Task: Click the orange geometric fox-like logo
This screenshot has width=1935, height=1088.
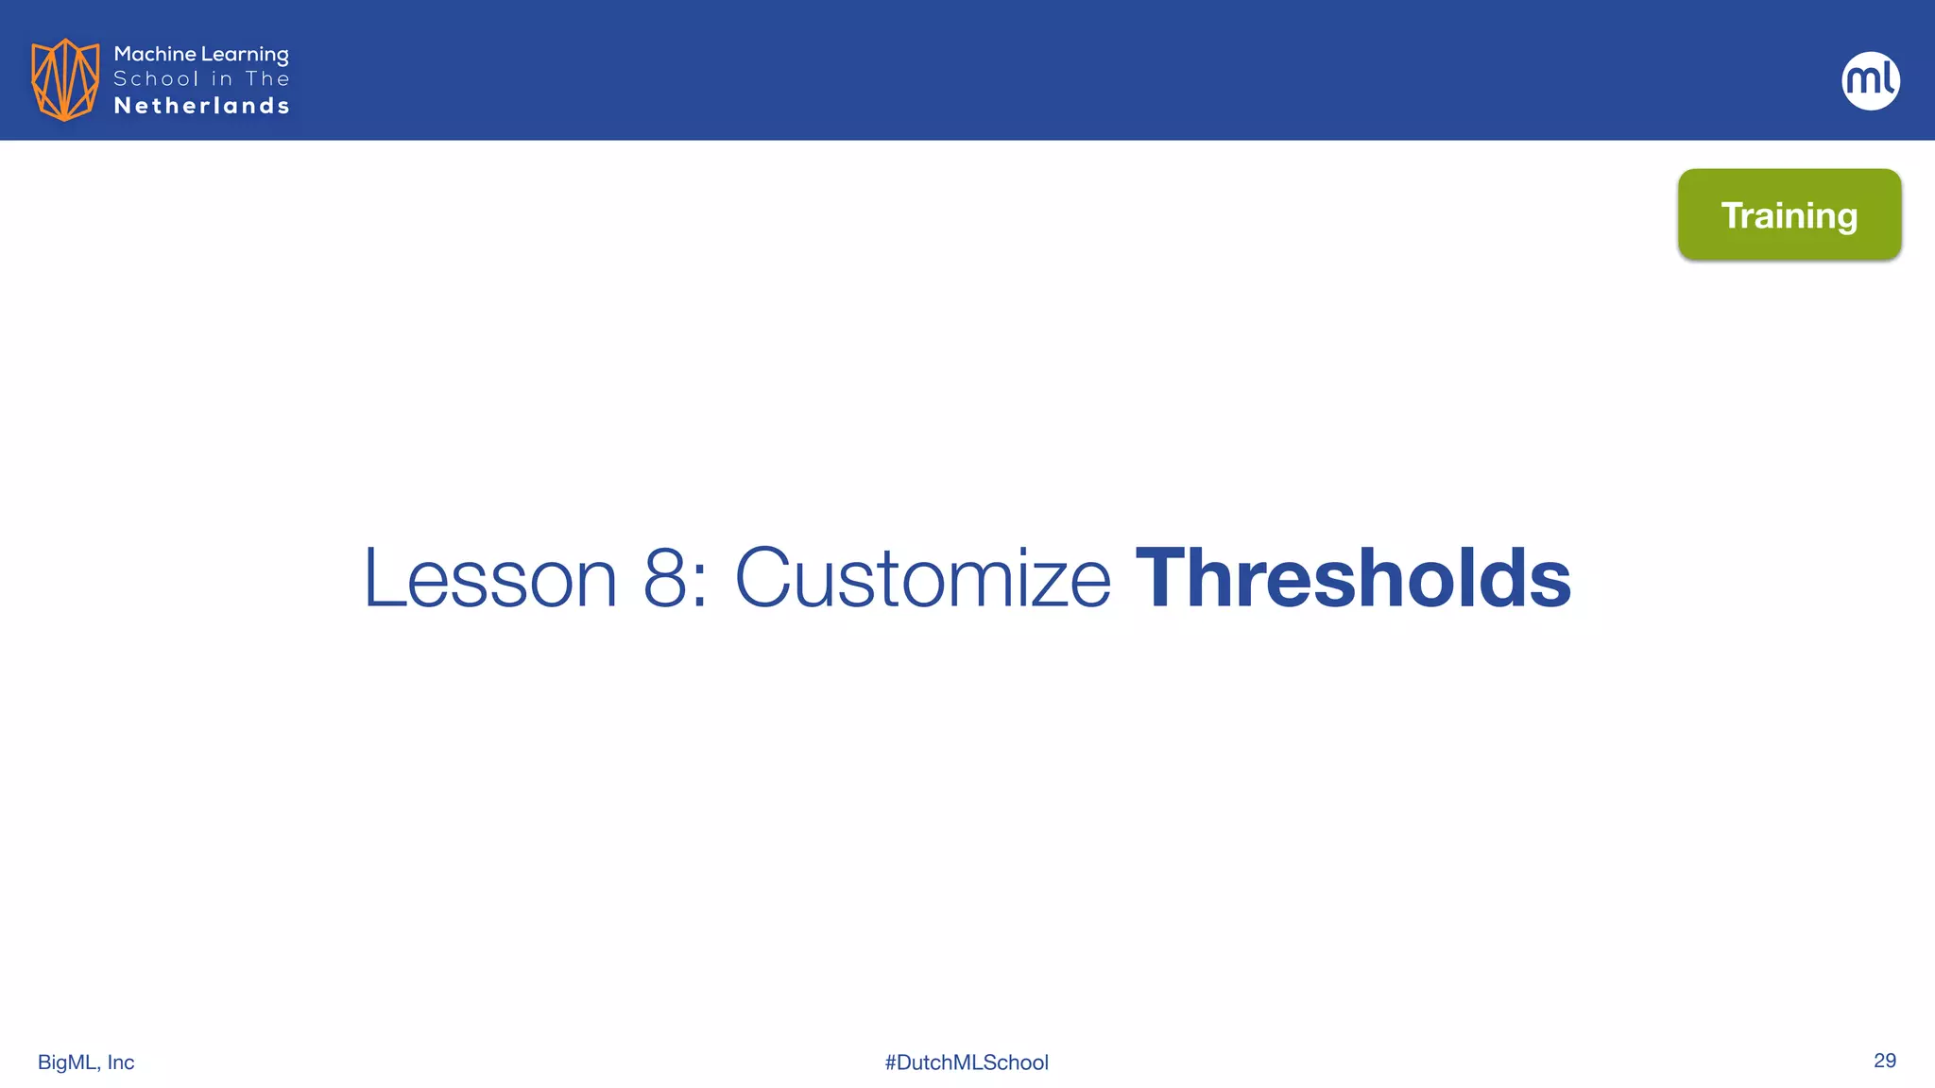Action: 64,79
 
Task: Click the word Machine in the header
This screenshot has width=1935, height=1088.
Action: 155,54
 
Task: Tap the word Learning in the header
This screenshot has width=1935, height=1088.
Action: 245,55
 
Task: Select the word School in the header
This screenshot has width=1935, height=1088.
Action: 156,79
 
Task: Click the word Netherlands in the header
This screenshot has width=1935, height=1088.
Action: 201,106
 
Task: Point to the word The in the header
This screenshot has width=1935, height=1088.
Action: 267,79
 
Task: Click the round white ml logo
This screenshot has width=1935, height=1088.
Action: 1871,80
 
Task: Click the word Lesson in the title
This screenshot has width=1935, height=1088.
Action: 490,577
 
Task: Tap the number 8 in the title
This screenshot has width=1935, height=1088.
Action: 665,577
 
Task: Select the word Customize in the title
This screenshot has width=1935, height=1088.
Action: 923,577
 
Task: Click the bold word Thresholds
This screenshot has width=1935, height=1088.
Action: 1353,577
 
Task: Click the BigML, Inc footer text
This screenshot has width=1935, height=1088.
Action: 86,1062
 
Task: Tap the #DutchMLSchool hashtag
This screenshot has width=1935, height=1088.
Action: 967,1062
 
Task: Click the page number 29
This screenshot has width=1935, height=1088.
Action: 1884,1061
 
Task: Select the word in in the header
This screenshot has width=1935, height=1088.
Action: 222,79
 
